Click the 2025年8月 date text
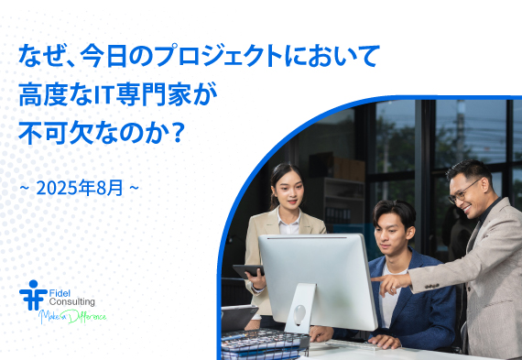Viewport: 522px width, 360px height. [79, 190]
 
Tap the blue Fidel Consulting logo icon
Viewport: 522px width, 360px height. [33, 296]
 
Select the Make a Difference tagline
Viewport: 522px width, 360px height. [72, 317]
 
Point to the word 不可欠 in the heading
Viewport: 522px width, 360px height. [58, 132]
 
